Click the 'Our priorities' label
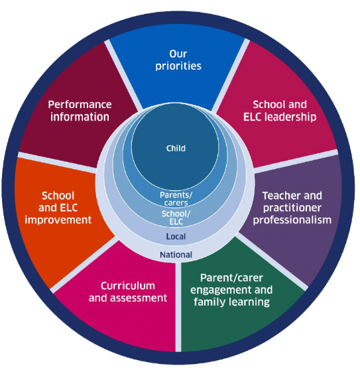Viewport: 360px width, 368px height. [x=178, y=60]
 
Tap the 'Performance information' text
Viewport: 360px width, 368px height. [x=80, y=111]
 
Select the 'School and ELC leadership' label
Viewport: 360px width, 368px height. [x=280, y=111]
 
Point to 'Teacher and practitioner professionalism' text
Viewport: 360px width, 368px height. [x=292, y=208]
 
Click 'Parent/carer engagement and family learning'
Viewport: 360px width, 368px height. [x=231, y=290]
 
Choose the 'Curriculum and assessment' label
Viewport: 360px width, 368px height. [x=128, y=292]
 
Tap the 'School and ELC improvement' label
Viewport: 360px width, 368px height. [x=58, y=208]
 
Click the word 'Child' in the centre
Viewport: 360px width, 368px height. [x=176, y=149]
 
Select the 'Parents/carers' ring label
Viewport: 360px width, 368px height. [x=176, y=199]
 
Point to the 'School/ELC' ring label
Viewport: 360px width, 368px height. [x=176, y=217]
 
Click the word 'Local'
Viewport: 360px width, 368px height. [x=176, y=236]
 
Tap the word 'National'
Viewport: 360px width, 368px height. [x=176, y=255]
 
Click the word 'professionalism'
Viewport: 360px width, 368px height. [x=292, y=220]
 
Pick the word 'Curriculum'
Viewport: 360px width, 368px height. [x=128, y=286]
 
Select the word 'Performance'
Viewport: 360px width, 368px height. [x=80, y=105]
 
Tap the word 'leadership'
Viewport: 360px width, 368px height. [x=292, y=117]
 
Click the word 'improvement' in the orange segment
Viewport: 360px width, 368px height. [x=58, y=220]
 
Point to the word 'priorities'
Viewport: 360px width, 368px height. [x=178, y=66]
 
